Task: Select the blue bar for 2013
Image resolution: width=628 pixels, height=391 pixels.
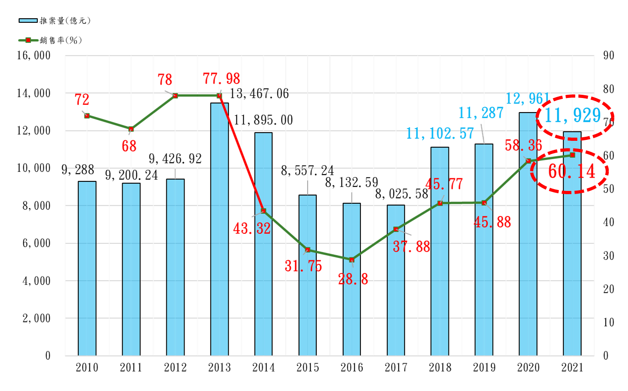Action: tap(219, 228)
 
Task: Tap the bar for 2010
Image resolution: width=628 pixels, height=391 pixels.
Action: tap(87, 269)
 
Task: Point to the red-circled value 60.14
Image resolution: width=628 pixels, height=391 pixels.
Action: tap(571, 171)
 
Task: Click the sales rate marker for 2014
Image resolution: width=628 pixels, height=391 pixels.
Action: tap(263, 211)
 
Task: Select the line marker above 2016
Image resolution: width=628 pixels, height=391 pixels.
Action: tap(351, 260)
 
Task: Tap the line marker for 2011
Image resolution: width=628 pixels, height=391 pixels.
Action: tap(131, 129)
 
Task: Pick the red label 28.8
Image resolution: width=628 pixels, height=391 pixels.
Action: tap(353, 279)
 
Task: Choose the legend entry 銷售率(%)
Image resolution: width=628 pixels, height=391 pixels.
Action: tap(50, 40)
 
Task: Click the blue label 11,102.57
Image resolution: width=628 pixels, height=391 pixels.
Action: tap(439, 133)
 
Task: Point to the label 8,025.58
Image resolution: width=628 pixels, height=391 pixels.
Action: tap(401, 194)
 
